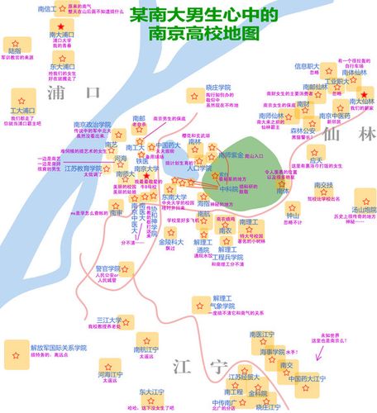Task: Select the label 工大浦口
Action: (22, 110)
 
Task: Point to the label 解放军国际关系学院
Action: (58, 348)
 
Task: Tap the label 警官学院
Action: (108, 268)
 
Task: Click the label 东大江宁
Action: (153, 392)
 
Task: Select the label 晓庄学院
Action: (195, 87)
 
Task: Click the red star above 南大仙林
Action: (361, 92)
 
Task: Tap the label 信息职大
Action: (308, 65)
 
